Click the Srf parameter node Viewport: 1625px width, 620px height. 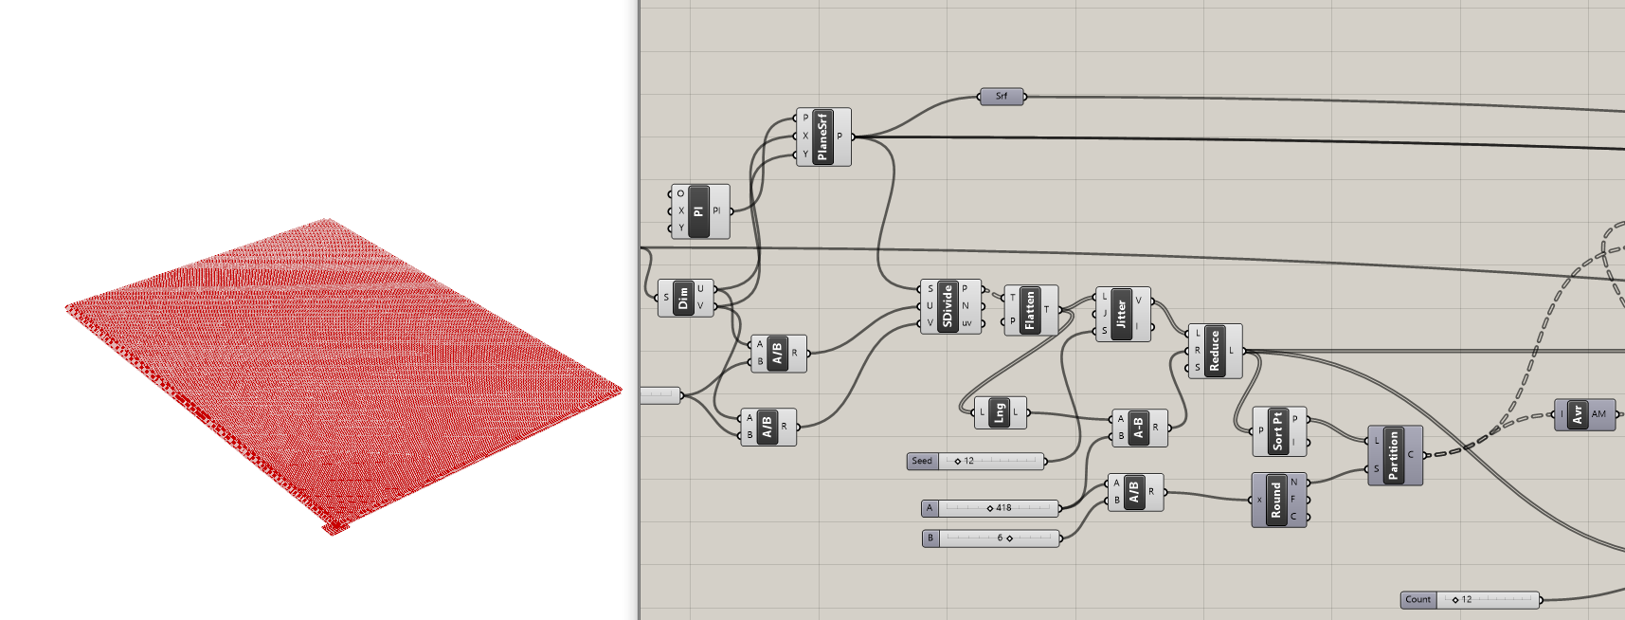click(x=1002, y=96)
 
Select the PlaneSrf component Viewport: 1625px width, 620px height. click(x=822, y=137)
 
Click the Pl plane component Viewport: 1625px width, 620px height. click(x=699, y=210)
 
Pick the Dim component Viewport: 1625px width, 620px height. click(x=683, y=298)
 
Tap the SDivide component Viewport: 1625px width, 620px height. click(x=947, y=306)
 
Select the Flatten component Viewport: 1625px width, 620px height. click(x=1029, y=310)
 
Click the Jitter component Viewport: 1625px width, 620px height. click(x=1121, y=314)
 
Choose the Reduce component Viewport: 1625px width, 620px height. click(x=1214, y=351)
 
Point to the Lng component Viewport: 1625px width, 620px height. click(x=999, y=412)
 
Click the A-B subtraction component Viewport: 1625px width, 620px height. click(x=1138, y=428)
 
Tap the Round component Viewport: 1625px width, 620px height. click(x=1276, y=500)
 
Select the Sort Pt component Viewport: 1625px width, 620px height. click(x=1277, y=430)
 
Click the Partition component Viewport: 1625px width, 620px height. click(x=1393, y=455)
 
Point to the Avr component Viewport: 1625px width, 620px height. click(x=1578, y=414)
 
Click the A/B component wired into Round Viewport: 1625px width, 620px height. click(x=1134, y=492)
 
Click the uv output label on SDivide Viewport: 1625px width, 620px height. click(x=966, y=323)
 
